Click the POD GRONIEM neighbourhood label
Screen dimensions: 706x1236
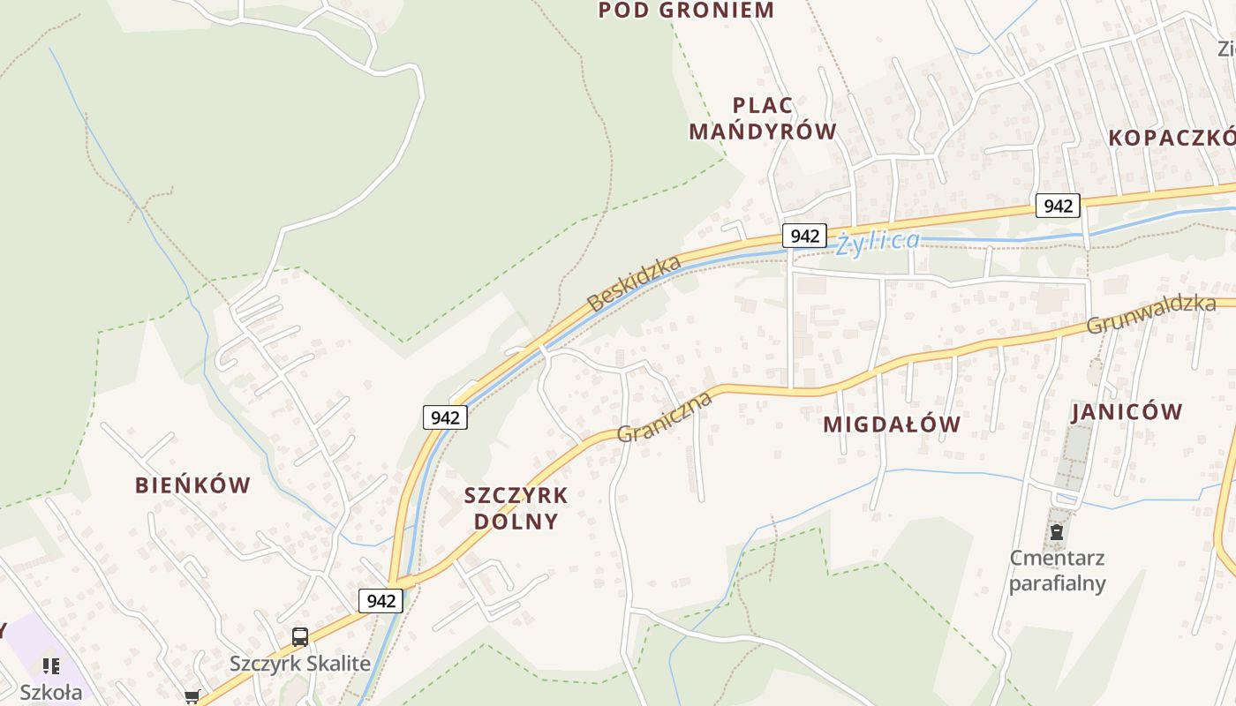pos(686,11)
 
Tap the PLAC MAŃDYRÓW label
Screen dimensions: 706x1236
pos(762,118)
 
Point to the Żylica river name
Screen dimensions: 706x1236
pos(878,241)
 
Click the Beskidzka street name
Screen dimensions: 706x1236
pos(634,282)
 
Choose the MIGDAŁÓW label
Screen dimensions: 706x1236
pos(892,424)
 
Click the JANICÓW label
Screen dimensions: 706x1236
pos(1127,412)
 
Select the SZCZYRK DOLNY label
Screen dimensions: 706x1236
pos(516,507)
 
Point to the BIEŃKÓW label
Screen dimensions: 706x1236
pos(192,484)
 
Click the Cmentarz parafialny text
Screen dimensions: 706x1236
pos(1057,570)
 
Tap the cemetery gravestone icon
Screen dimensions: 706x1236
pos(1056,533)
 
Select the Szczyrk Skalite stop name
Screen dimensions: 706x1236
pos(300,664)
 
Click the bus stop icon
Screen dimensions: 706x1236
pos(300,637)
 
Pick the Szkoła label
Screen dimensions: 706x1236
pos(51,692)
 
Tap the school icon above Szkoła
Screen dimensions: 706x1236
pos(51,665)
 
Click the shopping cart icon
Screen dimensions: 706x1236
pos(192,697)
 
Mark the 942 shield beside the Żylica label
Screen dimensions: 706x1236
pos(804,236)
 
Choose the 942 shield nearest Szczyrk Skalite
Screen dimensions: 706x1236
pos(381,601)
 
